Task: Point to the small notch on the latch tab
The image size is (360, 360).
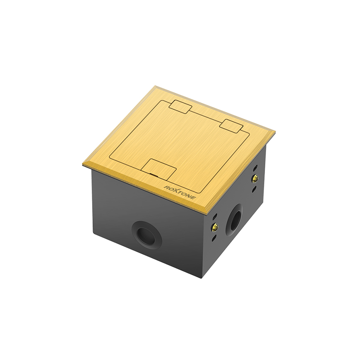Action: point(154,175)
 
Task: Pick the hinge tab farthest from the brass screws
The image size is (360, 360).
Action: point(181,106)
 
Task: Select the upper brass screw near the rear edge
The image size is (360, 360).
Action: point(255,178)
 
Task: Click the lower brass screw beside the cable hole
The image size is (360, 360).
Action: point(215,227)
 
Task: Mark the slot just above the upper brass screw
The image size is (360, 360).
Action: point(255,169)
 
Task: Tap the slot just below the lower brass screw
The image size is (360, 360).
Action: point(214,238)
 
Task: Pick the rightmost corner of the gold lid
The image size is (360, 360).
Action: point(275,132)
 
